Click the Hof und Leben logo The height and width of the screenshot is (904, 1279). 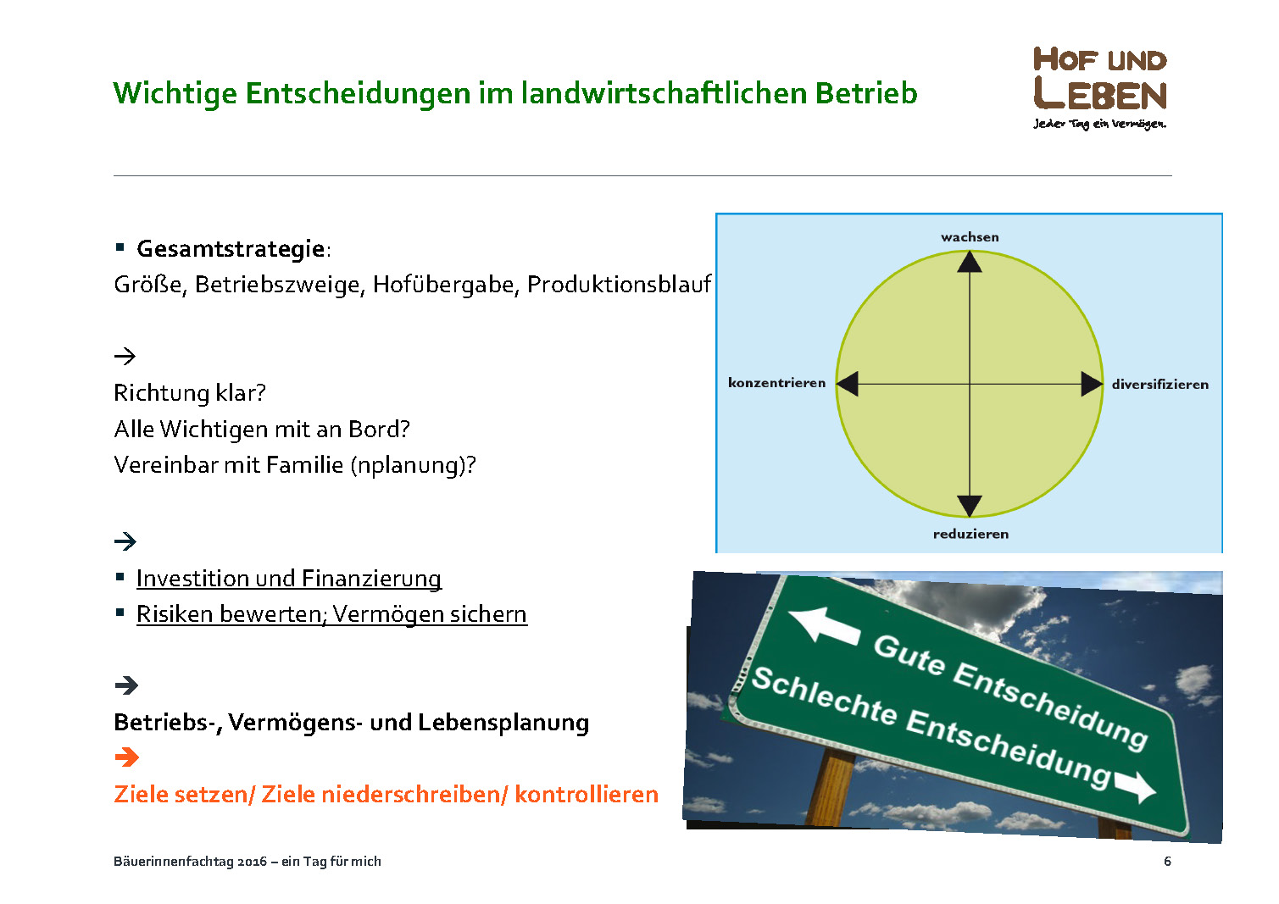point(1099,88)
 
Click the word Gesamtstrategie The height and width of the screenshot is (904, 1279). point(231,249)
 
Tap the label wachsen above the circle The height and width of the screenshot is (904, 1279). point(970,237)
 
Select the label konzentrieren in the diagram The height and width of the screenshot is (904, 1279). point(776,382)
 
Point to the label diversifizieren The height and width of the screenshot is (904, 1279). point(1159,384)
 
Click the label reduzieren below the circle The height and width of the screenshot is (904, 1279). point(970,534)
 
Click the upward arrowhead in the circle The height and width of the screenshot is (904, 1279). point(970,262)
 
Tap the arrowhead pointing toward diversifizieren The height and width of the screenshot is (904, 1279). point(1092,384)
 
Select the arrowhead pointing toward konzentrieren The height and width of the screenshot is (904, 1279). point(848,384)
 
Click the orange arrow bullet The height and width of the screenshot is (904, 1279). point(127,757)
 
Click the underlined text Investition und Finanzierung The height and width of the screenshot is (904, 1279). point(289,579)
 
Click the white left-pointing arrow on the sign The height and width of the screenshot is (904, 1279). point(824,626)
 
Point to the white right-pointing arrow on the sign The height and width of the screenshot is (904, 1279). point(1134,786)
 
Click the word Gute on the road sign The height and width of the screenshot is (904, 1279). point(909,655)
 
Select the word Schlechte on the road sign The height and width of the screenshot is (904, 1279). point(824,696)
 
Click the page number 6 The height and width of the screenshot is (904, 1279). point(1167,861)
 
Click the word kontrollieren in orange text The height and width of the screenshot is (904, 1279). point(587,795)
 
